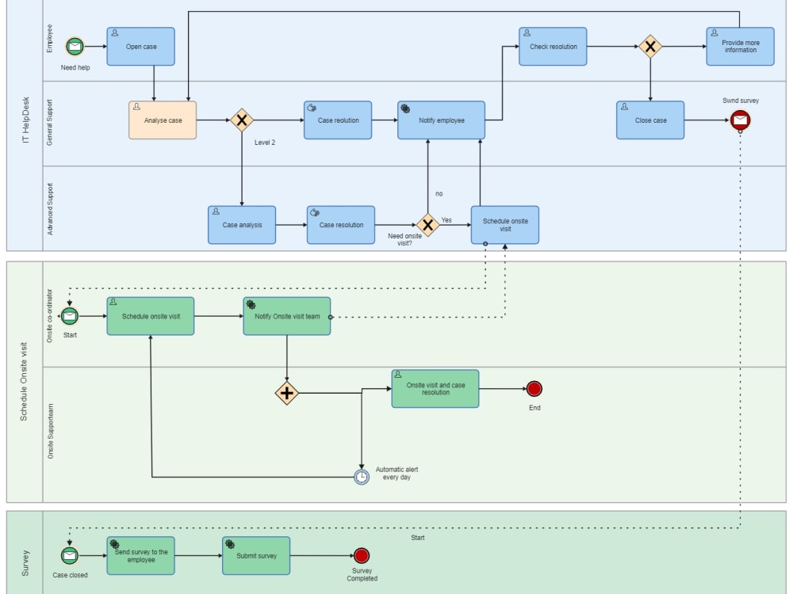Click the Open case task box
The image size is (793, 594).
tap(140, 47)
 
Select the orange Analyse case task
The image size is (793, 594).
tap(163, 120)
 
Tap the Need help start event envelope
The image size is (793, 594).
tap(75, 47)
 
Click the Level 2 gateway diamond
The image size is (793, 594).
tap(241, 120)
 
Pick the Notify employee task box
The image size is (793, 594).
tap(441, 120)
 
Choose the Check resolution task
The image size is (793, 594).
tap(553, 47)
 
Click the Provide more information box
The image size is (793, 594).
tap(740, 47)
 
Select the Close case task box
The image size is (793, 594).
tap(650, 120)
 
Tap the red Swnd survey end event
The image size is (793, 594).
tap(740, 120)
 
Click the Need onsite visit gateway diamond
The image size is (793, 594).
tap(428, 225)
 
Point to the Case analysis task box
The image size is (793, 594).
tap(242, 225)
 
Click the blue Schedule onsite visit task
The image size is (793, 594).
tap(505, 225)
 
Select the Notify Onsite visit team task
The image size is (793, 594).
tap(286, 316)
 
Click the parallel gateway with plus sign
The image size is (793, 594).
tap(286, 393)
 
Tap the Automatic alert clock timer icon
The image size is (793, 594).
tap(362, 477)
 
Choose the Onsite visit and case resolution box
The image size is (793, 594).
tap(435, 389)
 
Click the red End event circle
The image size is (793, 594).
tap(534, 389)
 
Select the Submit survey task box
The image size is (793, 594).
tap(256, 556)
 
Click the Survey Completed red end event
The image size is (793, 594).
tap(362, 556)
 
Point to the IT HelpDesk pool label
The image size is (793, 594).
tap(25, 126)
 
